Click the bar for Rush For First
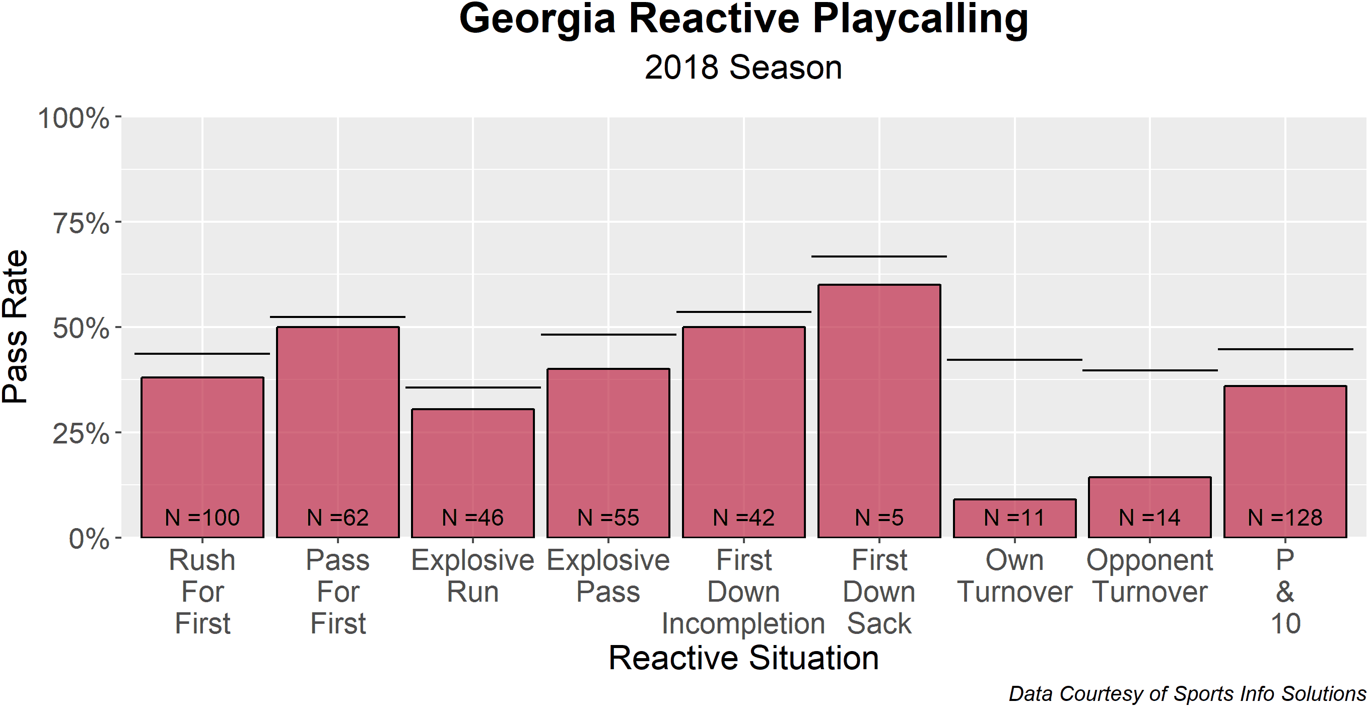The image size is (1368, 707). tap(202, 457)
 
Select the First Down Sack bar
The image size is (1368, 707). tap(879, 411)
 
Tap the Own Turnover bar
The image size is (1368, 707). tap(1014, 518)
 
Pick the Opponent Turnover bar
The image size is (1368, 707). tap(1150, 507)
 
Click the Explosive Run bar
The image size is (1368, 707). tap(472, 473)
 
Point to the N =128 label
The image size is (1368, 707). tap(1285, 518)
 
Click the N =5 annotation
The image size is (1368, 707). tap(879, 518)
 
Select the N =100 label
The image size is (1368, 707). tap(202, 518)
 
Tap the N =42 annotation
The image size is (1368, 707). tap(743, 518)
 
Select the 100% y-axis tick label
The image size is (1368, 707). tap(74, 117)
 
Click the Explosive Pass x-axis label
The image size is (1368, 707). tap(608, 576)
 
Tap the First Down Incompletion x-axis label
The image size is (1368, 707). tap(743, 592)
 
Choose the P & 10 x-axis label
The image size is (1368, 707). tap(1285, 592)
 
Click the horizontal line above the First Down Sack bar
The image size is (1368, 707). tap(879, 256)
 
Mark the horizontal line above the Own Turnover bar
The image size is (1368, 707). tap(1014, 360)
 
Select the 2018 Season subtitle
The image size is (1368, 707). tap(743, 68)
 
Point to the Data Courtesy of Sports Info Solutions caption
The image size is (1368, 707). tap(1188, 694)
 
